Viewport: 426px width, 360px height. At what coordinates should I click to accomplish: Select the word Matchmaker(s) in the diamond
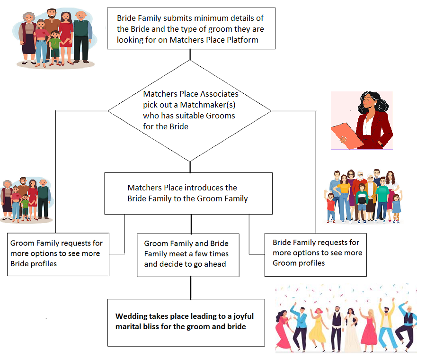[x=208, y=105]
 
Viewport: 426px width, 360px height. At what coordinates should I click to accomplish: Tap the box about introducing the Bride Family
[x=188, y=193]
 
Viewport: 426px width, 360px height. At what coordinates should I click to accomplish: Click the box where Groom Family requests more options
[x=58, y=254]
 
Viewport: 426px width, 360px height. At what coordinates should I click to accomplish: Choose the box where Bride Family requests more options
[x=315, y=254]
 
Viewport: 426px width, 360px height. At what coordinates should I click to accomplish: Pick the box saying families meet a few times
[x=188, y=255]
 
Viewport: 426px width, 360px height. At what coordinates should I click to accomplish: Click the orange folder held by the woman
[x=347, y=135]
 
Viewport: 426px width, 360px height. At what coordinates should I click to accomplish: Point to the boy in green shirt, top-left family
[x=55, y=48]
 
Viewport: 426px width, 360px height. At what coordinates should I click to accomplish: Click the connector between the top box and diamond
[x=190, y=54]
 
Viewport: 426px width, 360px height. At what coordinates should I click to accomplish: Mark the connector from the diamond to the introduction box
[x=190, y=167]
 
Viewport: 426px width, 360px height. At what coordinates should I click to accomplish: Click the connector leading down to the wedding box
[x=191, y=288]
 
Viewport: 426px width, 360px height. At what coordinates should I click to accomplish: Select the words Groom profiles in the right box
[x=299, y=263]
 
